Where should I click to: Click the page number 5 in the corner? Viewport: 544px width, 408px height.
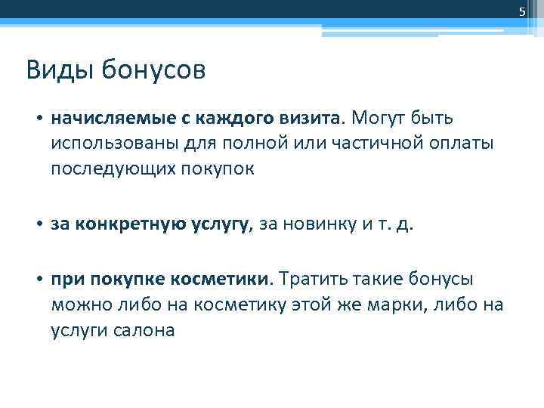pyautogui.click(x=521, y=11)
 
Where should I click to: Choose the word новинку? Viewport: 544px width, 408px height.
pyautogui.click(x=326, y=224)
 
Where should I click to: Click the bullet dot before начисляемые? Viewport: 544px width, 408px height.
pyautogui.click(x=39, y=119)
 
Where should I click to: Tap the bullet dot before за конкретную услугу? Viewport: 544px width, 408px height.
pyautogui.click(x=39, y=224)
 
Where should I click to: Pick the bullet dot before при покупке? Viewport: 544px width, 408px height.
pyautogui.click(x=39, y=280)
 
